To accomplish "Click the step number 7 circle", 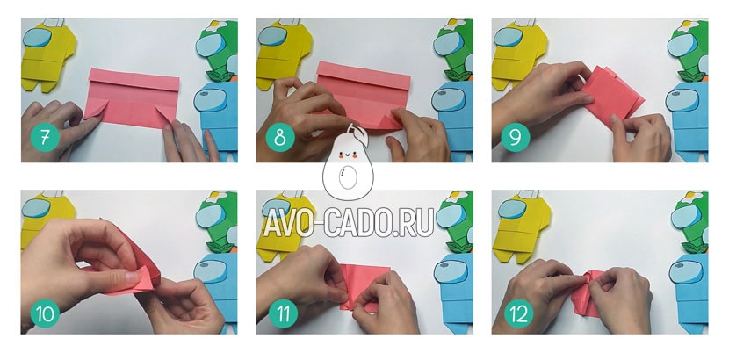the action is pyautogui.click(x=45, y=137).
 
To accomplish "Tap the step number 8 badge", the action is pyautogui.click(x=280, y=137).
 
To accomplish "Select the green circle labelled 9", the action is pyautogui.click(x=516, y=137).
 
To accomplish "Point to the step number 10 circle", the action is pyautogui.click(x=45, y=313).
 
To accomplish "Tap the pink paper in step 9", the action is pyautogui.click(x=612, y=95).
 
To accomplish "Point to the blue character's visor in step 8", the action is pyautogui.click(x=448, y=100).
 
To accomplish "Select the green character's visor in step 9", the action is pyautogui.click(x=682, y=46).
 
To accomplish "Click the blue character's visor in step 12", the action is pyautogui.click(x=687, y=271).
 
